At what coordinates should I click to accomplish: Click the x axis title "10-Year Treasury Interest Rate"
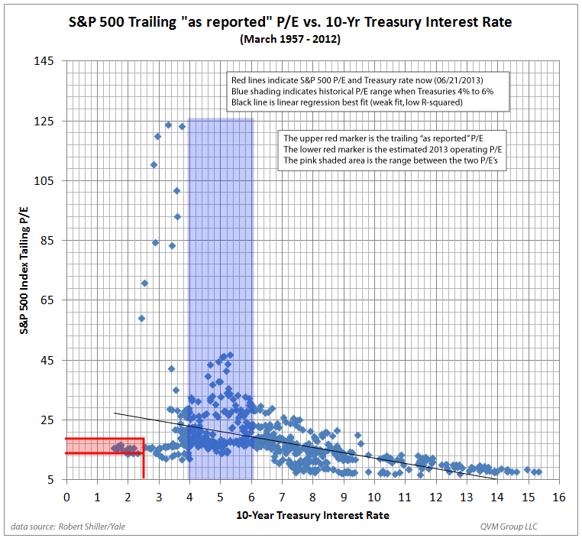[x=314, y=515]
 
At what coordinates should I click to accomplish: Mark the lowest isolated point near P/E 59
[x=141, y=318]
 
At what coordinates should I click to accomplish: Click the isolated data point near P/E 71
[x=144, y=283]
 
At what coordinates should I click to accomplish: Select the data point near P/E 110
[x=154, y=164]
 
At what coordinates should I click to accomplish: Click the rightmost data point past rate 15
[x=539, y=472]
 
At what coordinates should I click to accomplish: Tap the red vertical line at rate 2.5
[x=144, y=459]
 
